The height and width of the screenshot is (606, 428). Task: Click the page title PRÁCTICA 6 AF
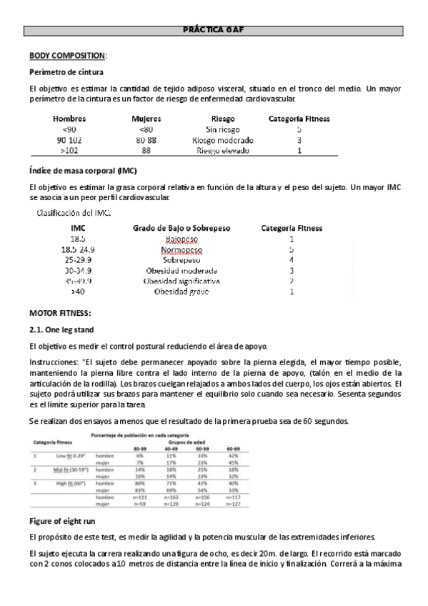click(214, 31)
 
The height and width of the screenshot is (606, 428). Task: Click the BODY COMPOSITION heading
click(66, 56)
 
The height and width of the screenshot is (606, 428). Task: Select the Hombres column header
click(69, 119)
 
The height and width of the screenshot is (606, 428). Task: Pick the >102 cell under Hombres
click(69, 151)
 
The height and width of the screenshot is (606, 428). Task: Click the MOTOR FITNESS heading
click(60, 313)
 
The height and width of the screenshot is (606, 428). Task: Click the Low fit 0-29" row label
click(69, 455)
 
